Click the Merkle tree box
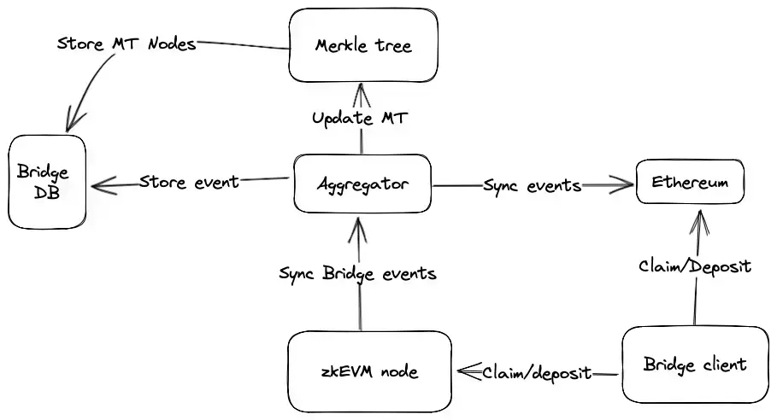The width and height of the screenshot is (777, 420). tap(363, 45)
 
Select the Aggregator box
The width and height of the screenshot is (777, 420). tap(362, 184)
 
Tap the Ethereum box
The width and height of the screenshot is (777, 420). tap(690, 182)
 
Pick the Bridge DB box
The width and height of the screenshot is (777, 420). tap(47, 182)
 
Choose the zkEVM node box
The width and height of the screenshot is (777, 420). tap(369, 371)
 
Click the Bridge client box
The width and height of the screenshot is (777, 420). tap(695, 365)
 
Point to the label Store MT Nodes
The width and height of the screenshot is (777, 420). tap(127, 44)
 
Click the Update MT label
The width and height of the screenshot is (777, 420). tap(360, 119)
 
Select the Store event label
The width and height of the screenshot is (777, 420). tap(189, 182)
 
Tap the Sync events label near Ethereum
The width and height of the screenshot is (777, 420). tap(533, 185)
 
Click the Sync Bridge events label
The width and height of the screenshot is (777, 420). tap(357, 273)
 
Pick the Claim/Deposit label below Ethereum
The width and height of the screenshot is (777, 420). tap(695, 266)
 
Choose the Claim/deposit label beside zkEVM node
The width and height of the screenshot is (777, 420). tap(537, 372)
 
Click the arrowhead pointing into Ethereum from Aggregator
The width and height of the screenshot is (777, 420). tap(623, 185)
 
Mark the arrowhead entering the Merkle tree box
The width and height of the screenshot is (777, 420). tap(362, 94)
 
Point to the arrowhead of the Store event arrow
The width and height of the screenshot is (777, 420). tap(103, 185)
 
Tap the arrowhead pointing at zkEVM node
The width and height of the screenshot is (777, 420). tap(468, 370)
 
